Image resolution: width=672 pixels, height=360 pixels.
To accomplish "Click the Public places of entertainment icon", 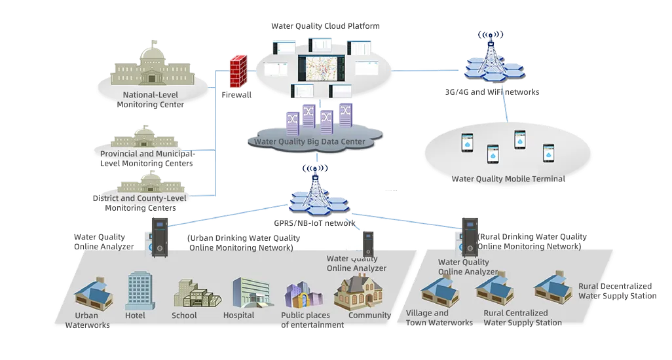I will (303, 297).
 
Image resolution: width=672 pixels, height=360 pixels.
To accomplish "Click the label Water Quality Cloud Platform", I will (326, 26).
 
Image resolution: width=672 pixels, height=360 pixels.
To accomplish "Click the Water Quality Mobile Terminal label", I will (508, 179).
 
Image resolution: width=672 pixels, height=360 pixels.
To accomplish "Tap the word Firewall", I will (236, 95).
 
